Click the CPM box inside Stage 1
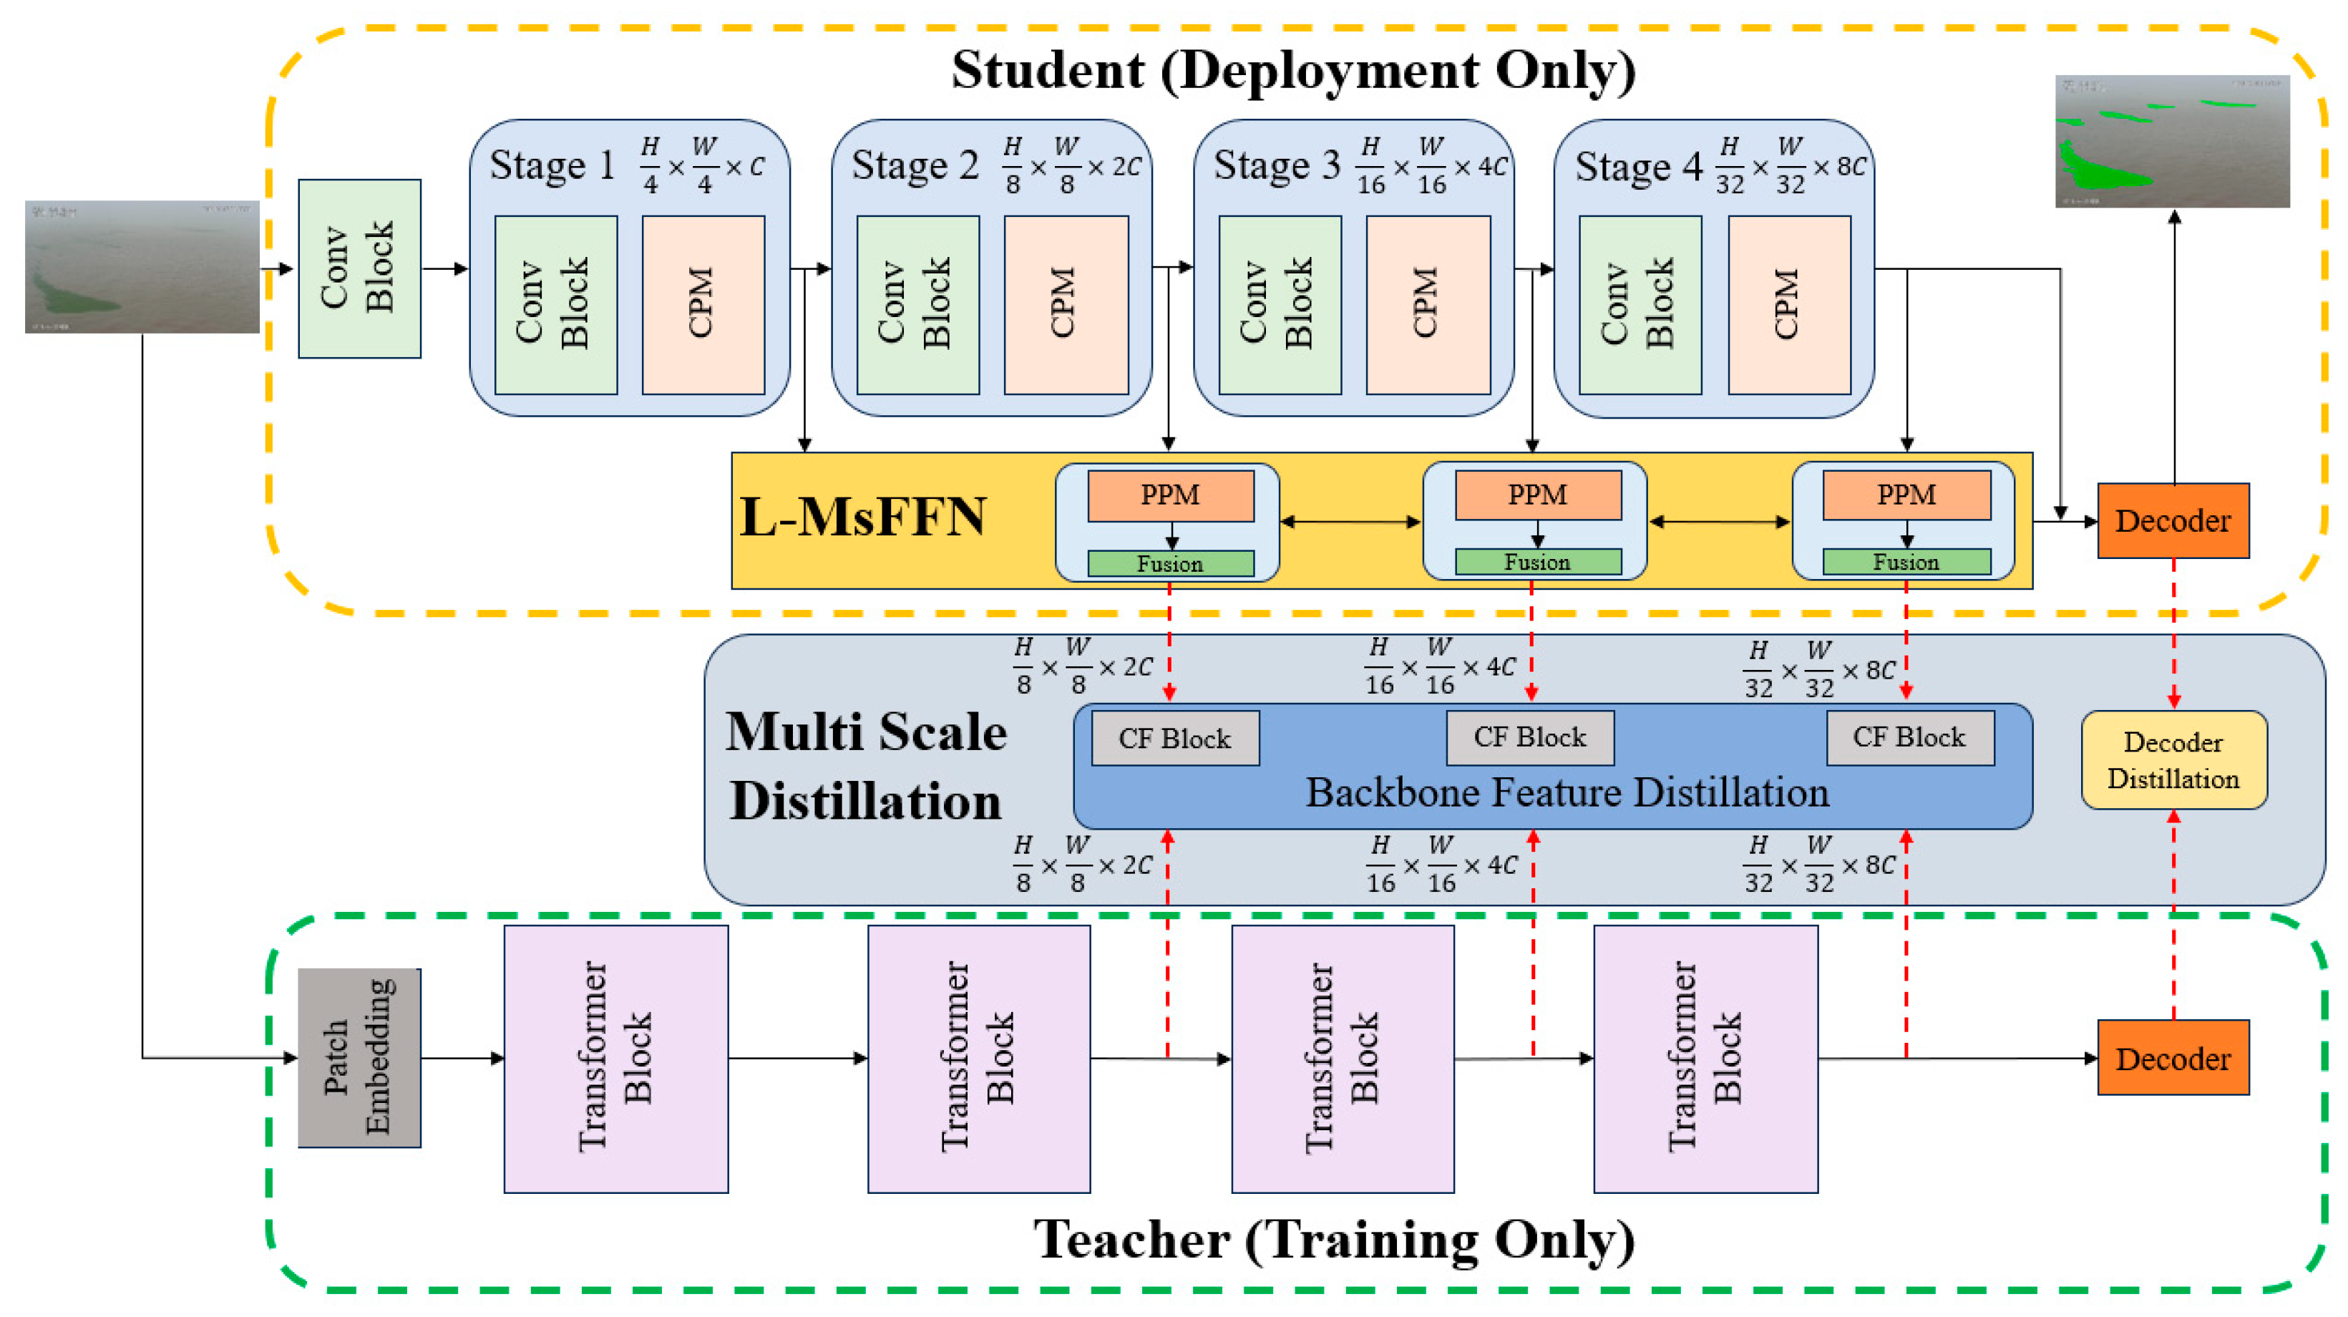[x=703, y=304]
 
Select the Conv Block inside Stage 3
[x=1279, y=304]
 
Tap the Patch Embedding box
[x=359, y=1057]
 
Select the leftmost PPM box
[x=1170, y=495]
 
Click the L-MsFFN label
[x=862, y=517]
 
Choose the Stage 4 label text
[x=1638, y=167]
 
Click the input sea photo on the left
[x=142, y=266]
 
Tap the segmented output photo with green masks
[x=2171, y=141]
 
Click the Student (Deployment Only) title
[x=1292, y=69]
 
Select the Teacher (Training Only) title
[x=1333, y=1240]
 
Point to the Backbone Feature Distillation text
[x=1566, y=793]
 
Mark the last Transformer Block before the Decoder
[x=1705, y=1058]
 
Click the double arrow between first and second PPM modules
[x=1350, y=523]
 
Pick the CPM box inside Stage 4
[x=1788, y=304]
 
